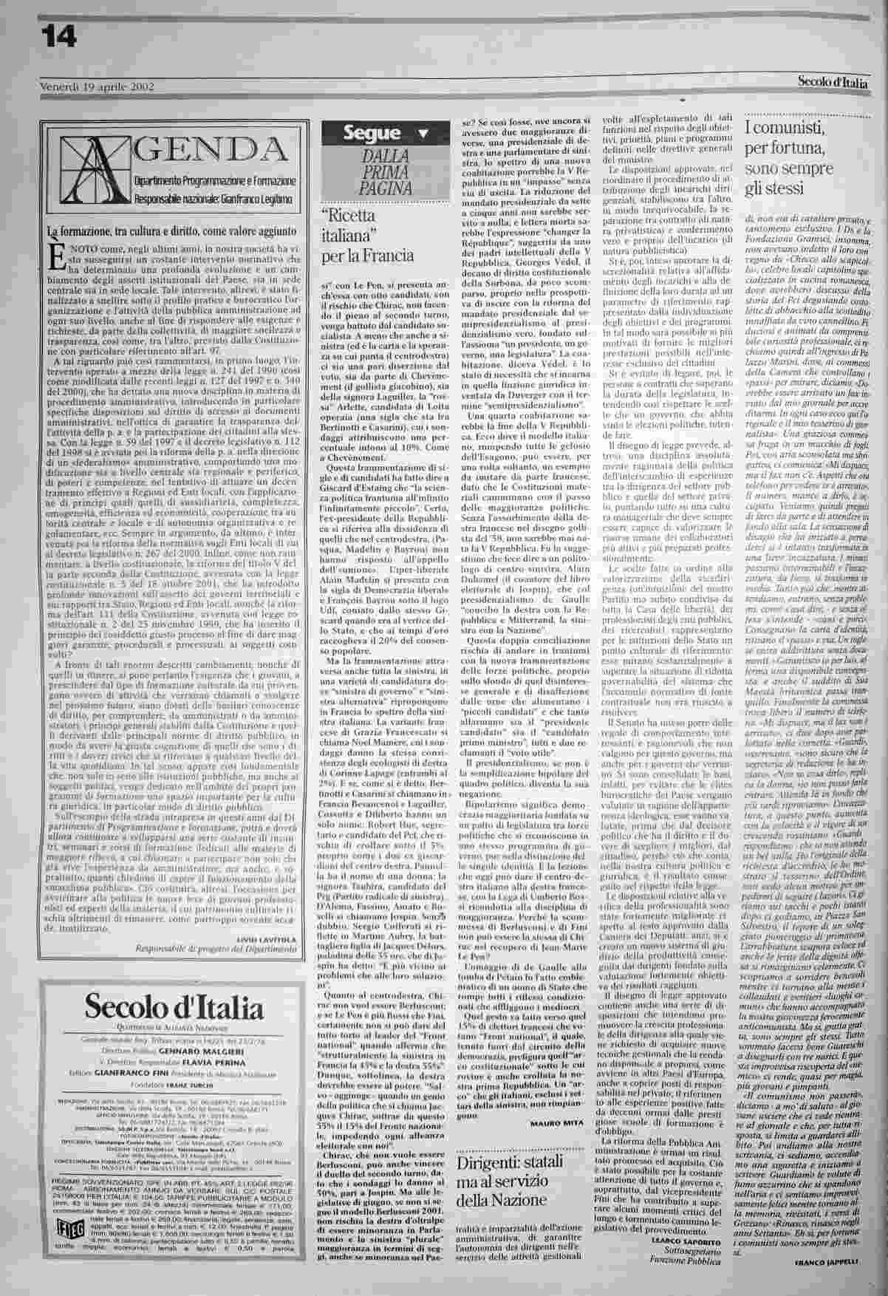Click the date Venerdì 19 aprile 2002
[x=96, y=86]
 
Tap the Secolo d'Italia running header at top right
[x=832, y=83]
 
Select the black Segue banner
[x=374, y=134]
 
